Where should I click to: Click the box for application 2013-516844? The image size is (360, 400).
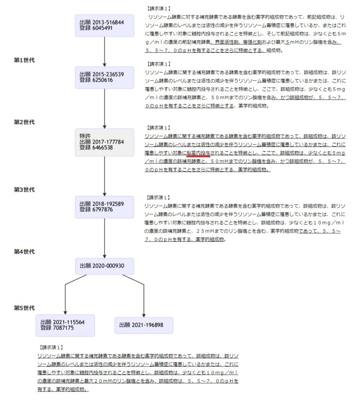[104, 25]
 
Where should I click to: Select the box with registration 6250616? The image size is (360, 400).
[104, 78]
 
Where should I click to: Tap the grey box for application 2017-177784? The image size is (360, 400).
[104, 142]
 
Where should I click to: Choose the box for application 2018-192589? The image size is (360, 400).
[104, 207]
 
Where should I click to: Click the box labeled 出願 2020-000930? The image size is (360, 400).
[104, 266]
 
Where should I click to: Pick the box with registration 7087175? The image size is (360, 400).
[65, 325]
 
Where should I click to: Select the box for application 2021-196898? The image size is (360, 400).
[144, 325]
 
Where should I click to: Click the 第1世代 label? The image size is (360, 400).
[24, 60]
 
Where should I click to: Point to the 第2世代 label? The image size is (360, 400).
[24, 122]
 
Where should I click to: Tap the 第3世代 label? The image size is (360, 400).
[24, 189]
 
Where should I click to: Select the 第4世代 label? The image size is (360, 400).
[24, 252]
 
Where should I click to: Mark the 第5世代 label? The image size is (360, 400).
[24, 308]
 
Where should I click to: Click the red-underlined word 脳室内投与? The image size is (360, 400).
[199, 153]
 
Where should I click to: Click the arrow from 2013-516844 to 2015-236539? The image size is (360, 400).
[104, 52]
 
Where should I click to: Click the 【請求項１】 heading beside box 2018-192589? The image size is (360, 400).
[158, 197]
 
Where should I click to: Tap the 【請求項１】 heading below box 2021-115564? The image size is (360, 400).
[51, 347]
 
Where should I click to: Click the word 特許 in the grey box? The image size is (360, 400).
[85, 136]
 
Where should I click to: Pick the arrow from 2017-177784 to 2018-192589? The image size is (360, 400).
[104, 176]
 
